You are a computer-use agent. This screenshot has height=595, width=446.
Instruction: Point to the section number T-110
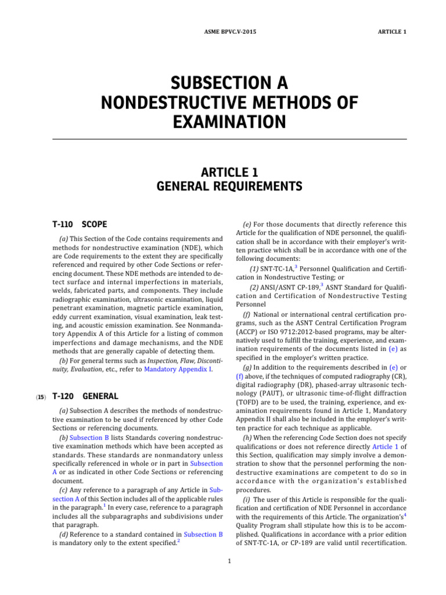(x=63, y=224)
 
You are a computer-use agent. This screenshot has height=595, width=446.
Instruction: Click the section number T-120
(x=63, y=396)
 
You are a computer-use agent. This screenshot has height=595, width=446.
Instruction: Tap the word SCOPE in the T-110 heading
(x=95, y=224)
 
